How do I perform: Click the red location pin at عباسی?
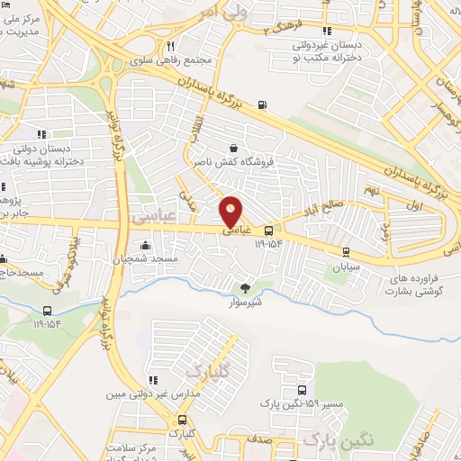[x=231, y=211]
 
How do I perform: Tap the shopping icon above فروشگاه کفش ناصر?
[x=234, y=148]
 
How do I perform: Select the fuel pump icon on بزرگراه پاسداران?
[x=261, y=105]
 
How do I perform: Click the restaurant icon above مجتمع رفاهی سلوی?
[x=170, y=45]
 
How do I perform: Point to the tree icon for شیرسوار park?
[x=245, y=288]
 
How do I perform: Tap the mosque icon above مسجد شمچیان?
[x=145, y=245]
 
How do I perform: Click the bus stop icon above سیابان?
[x=347, y=252]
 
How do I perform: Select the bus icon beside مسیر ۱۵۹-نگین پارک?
[x=302, y=392]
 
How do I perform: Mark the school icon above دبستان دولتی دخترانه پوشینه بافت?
[x=43, y=135]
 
